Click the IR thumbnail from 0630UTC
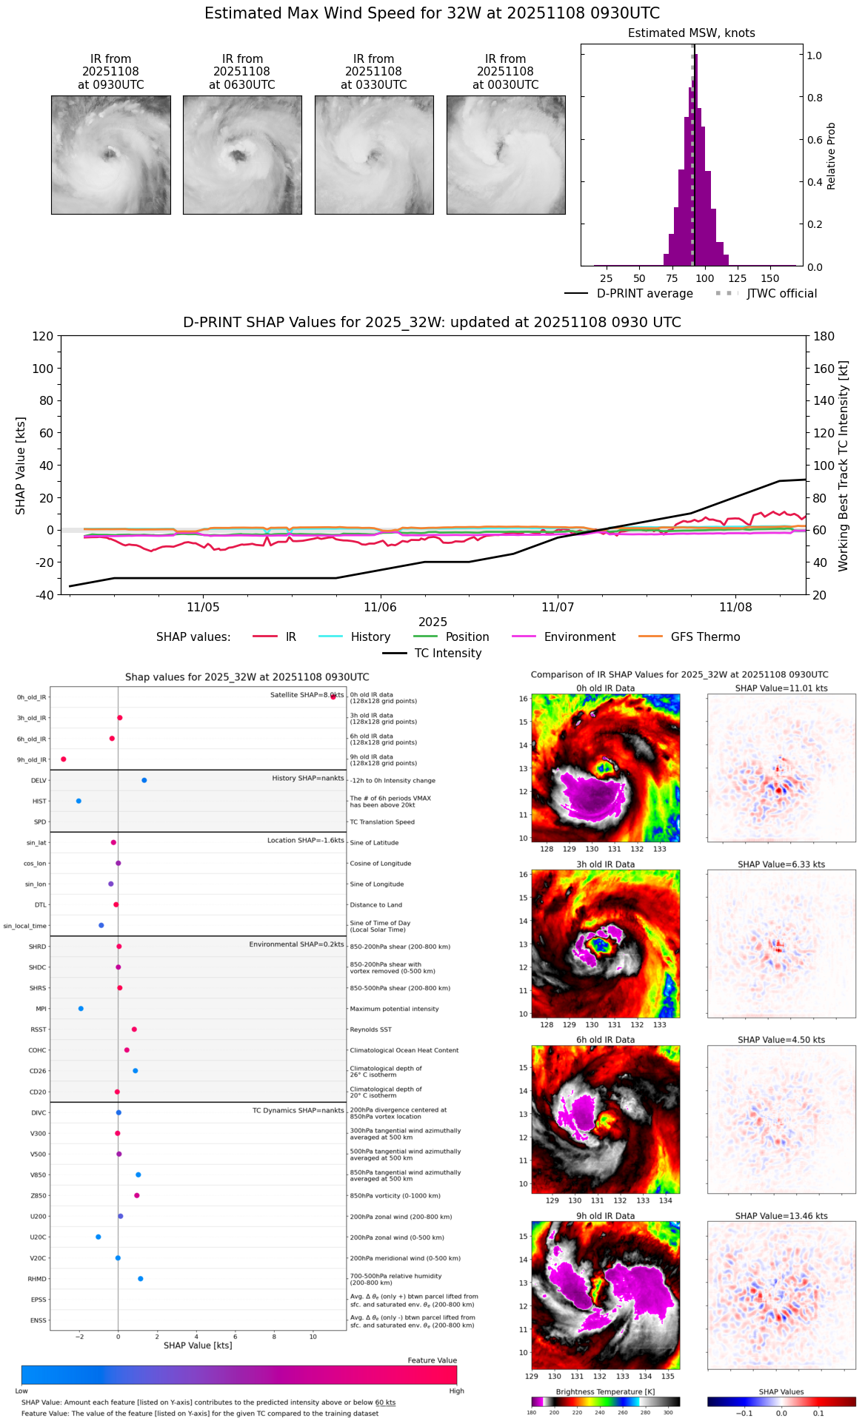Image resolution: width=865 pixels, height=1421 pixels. (x=242, y=155)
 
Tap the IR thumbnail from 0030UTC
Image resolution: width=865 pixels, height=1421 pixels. (x=506, y=155)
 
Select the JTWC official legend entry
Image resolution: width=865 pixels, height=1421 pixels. (x=781, y=294)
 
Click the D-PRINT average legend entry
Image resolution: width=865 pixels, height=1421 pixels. (x=644, y=294)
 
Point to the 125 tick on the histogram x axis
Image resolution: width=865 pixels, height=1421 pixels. (x=737, y=279)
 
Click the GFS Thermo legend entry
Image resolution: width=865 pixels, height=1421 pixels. (x=705, y=637)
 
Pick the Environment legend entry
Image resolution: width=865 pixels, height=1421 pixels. (x=579, y=637)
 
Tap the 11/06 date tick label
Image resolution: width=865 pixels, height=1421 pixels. (x=380, y=608)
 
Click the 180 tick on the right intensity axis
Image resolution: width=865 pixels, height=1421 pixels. (x=824, y=337)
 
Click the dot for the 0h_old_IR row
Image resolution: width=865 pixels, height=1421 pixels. (x=333, y=696)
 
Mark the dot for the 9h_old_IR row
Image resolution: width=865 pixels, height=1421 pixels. (x=64, y=759)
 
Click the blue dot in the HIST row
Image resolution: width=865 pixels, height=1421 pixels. (x=79, y=801)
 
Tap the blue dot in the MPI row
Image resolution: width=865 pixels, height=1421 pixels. (x=81, y=1009)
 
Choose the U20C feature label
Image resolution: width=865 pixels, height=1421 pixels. (x=38, y=1237)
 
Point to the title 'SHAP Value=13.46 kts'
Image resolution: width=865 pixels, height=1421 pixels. (x=781, y=1216)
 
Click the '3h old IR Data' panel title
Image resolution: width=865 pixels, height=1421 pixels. (x=605, y=864)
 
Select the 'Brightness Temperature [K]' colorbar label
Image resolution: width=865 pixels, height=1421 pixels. (x=605, y=1392)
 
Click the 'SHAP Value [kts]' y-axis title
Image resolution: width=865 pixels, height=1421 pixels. (x=21, y=466)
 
